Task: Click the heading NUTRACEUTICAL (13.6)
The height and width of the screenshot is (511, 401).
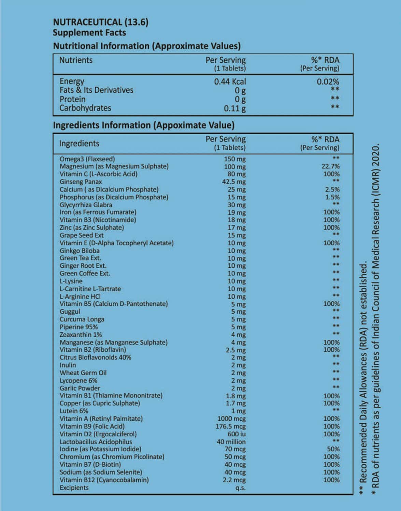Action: pos(101,22)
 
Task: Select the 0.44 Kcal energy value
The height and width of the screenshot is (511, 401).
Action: pos(230,81)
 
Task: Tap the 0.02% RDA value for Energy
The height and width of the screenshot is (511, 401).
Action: pos(328,81)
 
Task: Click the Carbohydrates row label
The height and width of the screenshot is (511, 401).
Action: pos(85,108)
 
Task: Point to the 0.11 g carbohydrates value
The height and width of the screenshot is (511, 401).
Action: pos(235,108)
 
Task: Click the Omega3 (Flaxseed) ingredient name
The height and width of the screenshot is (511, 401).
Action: pos(87,159)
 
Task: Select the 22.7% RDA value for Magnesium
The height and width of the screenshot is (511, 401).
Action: pos(331,166)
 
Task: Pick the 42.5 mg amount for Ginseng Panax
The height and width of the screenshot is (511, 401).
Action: pos(234,182)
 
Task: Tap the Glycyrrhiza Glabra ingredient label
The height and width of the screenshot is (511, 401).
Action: pos(86,205)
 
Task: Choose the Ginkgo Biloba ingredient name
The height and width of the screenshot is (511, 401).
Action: pos(80,251)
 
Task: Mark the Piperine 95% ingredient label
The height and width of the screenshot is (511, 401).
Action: pos(78,327)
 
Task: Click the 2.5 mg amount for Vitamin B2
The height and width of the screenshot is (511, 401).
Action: pos(235,350)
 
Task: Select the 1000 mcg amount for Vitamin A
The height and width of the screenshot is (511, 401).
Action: pos(231,419)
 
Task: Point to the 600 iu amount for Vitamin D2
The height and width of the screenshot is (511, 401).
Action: pos(237,434)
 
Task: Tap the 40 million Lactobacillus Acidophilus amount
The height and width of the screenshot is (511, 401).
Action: pos(231,442)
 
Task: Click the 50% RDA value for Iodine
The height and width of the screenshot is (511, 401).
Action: pos(333,449)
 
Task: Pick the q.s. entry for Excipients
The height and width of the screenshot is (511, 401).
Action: pos(241,488)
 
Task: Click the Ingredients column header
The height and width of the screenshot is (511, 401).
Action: pos(79,144)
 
